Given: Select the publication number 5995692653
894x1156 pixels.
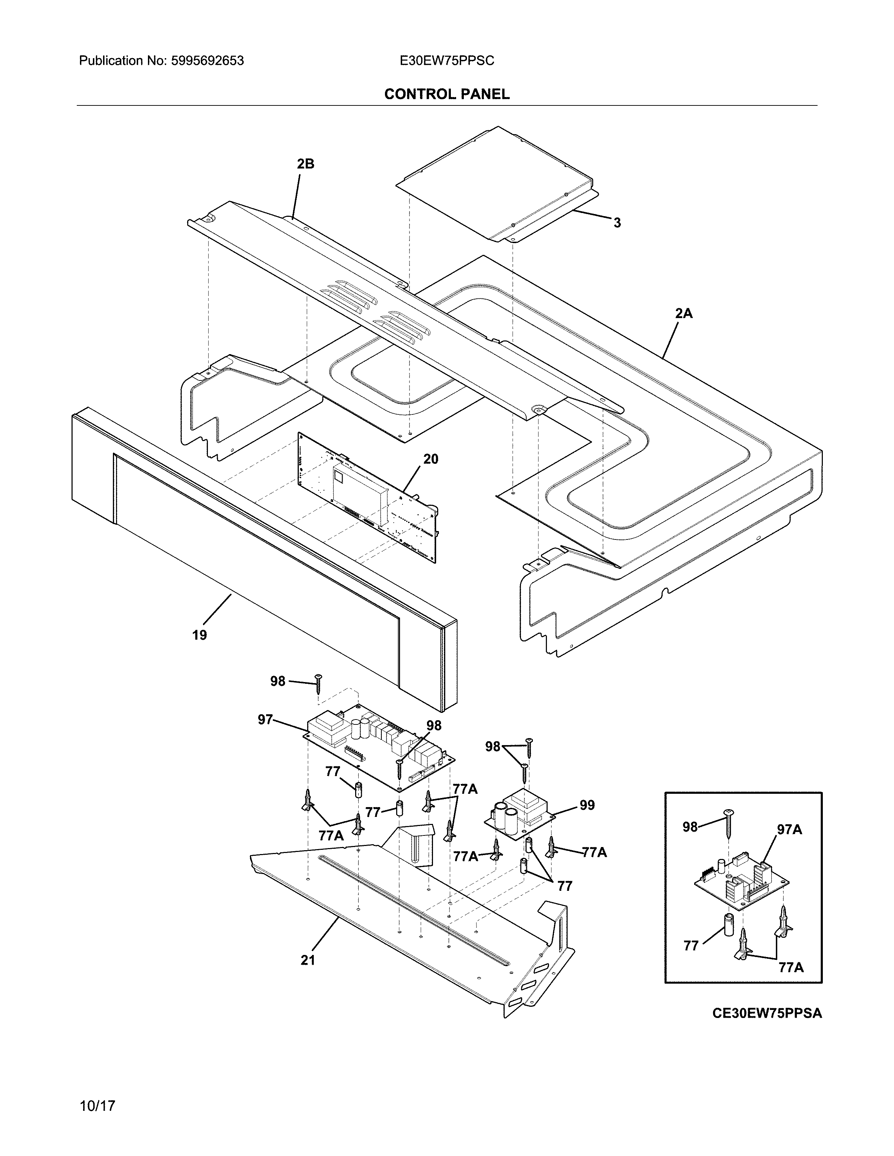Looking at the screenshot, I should [207, 61].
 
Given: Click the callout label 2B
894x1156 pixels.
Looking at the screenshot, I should [306, 164].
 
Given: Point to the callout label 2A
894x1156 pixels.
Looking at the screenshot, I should [683, 314].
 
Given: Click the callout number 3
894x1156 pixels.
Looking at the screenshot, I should [617, 223].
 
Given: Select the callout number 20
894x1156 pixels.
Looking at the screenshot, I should [431, 459].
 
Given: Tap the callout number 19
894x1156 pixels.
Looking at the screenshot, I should [200, 635].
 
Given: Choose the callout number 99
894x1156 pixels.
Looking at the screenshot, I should [587, 805].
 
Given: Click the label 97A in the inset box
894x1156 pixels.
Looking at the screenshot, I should [789, 830].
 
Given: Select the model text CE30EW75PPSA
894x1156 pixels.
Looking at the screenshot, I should [767, 1013].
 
